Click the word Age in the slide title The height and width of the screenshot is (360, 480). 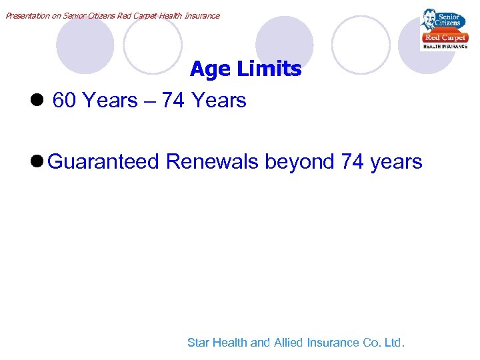point(208,69)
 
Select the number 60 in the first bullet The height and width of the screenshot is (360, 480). point(64,101)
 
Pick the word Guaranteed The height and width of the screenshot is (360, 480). point(104,162)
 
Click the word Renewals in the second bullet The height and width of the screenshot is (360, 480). point(212,162)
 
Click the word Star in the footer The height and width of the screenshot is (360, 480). point(199,343)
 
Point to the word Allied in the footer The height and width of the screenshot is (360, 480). point(287,343)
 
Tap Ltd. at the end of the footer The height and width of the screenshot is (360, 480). point(393,343)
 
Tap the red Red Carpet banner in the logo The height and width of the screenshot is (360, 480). point(445,38)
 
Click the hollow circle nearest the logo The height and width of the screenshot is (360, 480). point(361,44)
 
